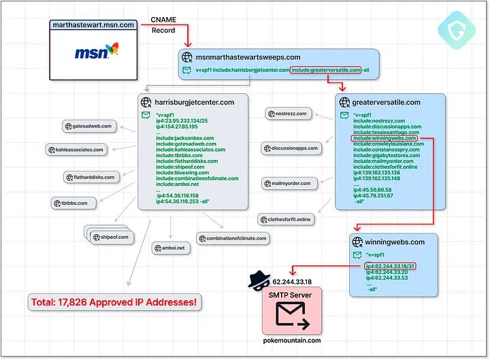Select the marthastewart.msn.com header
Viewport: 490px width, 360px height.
click(94, 25)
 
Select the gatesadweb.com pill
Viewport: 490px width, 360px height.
click(91, 126)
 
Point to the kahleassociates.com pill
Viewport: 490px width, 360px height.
click(77, 150)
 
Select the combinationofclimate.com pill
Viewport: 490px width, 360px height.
click(234, 238)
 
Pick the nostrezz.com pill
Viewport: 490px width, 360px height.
click(291, 114)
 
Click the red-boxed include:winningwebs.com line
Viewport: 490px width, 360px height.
click(385, 137)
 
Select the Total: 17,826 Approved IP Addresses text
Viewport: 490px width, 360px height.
click(115, 301)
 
